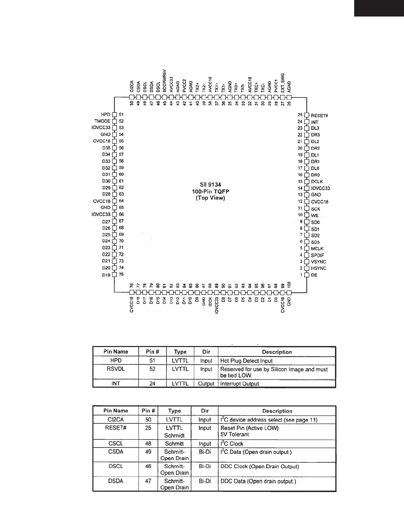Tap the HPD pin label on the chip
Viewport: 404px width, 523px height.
[106, 115]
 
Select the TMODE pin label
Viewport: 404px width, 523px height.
[102, 121]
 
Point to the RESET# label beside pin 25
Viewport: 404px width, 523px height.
[319, 116]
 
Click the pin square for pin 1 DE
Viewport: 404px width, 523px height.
[306, 275]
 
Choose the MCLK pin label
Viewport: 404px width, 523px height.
[317, 248]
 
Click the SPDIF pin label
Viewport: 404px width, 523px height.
[317, 255]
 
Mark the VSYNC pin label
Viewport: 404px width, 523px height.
[318, 262]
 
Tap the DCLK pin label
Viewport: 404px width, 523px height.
[317, 182]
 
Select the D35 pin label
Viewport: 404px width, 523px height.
[106, 148]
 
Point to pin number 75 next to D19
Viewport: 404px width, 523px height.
[121, 274]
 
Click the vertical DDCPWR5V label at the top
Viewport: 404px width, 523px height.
[165, 80]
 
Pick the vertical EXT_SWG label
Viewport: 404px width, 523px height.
[283, 83]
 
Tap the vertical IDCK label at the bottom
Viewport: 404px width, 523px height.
[210, 301]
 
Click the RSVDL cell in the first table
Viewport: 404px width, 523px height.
[116, 369]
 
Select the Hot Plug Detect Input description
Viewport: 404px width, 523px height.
[246, 361]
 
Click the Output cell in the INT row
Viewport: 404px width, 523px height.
[206, 384]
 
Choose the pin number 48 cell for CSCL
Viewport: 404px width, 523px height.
[148, 443]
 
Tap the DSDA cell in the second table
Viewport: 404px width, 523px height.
[116, 481]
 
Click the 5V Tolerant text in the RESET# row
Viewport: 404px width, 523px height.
[235, 435]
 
